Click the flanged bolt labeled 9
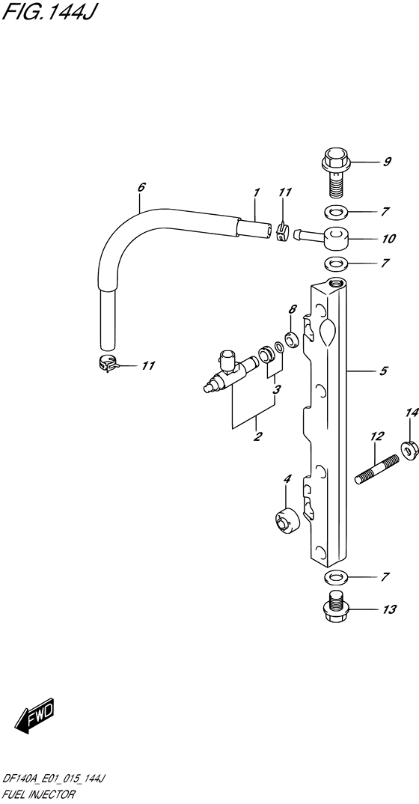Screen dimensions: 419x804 [335, 172]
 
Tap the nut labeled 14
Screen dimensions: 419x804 [411, 450]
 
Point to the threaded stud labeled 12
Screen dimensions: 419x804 [377, 469]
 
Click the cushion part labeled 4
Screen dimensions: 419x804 [285, 520]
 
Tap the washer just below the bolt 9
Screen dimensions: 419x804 [335, 211]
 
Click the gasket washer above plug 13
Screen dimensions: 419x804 [335, 577]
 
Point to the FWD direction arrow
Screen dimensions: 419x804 [34, 714]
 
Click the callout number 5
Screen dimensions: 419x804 [384, 371]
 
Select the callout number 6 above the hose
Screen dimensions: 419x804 [141, 187]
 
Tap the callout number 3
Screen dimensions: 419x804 [277, 389]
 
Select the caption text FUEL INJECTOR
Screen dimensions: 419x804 [39, 794]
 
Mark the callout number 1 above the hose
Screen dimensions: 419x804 [256, 193]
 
